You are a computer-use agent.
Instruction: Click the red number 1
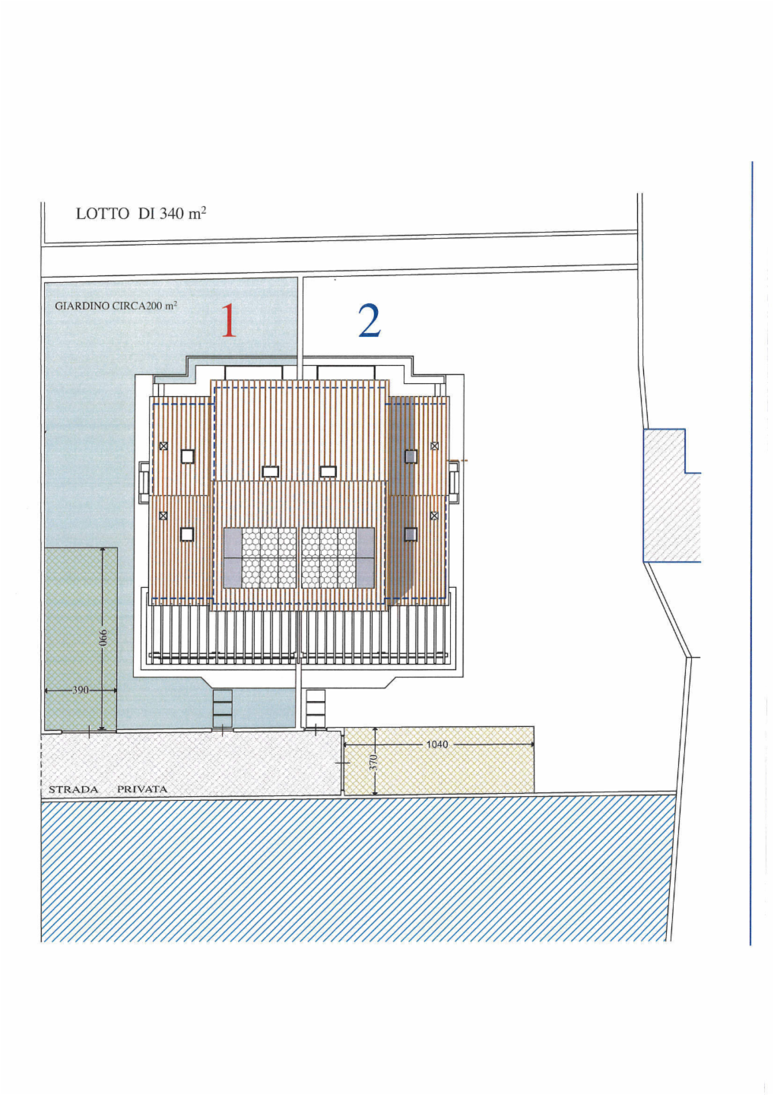point(229,320)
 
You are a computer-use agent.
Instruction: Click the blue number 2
point(369,320)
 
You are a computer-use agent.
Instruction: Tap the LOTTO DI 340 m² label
point(141,214)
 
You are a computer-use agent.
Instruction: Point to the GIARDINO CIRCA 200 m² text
point(116,306)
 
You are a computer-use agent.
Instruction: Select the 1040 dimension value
point(437,744)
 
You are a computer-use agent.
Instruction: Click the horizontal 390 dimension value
point(81,690)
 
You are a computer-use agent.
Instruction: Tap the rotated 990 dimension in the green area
point(103,637)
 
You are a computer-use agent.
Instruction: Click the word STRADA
point(73,789)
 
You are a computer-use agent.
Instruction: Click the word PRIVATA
point(142,789)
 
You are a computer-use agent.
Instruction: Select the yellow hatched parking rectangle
point(439,760)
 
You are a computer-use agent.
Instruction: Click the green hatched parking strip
point(81,639)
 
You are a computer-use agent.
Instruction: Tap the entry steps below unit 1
point(222,709)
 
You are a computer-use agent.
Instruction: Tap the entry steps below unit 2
point(316,709)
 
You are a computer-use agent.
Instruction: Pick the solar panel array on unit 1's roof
point(260,558)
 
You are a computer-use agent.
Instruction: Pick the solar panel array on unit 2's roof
point(338,558)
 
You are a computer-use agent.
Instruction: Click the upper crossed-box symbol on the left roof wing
point(163,446)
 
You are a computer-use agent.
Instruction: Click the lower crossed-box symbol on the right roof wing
point(434,516)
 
